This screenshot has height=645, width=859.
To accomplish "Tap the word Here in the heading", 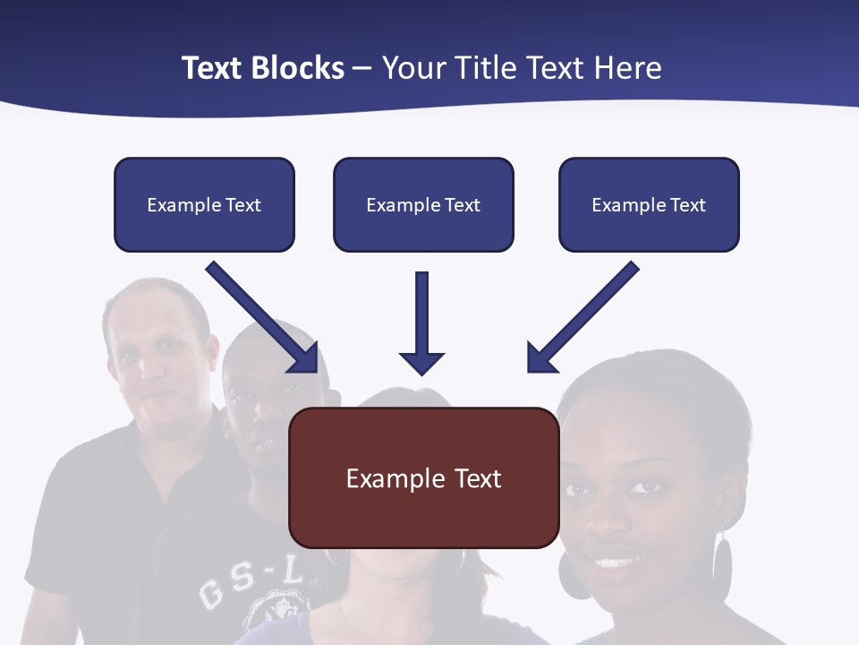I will coord(627,68).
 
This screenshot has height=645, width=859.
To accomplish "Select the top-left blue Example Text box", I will coord(204,204).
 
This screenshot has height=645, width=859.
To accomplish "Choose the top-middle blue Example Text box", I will coord(423,204).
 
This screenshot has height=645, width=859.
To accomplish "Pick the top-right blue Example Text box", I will coord(649,204).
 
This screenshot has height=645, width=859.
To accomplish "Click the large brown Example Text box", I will coord(424,477).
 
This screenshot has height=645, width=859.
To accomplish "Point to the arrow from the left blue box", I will coord(264,318).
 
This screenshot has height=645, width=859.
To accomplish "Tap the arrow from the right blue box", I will coord(582,318).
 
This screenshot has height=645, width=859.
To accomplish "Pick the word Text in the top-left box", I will coord(242,205).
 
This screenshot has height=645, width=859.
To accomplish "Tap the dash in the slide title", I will coord(362,68).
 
